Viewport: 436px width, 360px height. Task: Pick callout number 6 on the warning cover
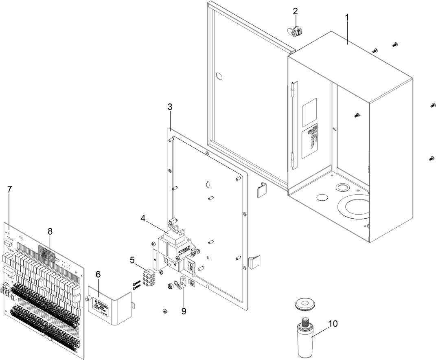98,274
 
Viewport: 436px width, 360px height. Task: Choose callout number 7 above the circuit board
10,189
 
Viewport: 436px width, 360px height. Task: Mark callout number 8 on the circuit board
50,231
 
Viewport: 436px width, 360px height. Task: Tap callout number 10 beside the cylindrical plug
333,324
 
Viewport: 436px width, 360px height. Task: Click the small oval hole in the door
219,76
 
